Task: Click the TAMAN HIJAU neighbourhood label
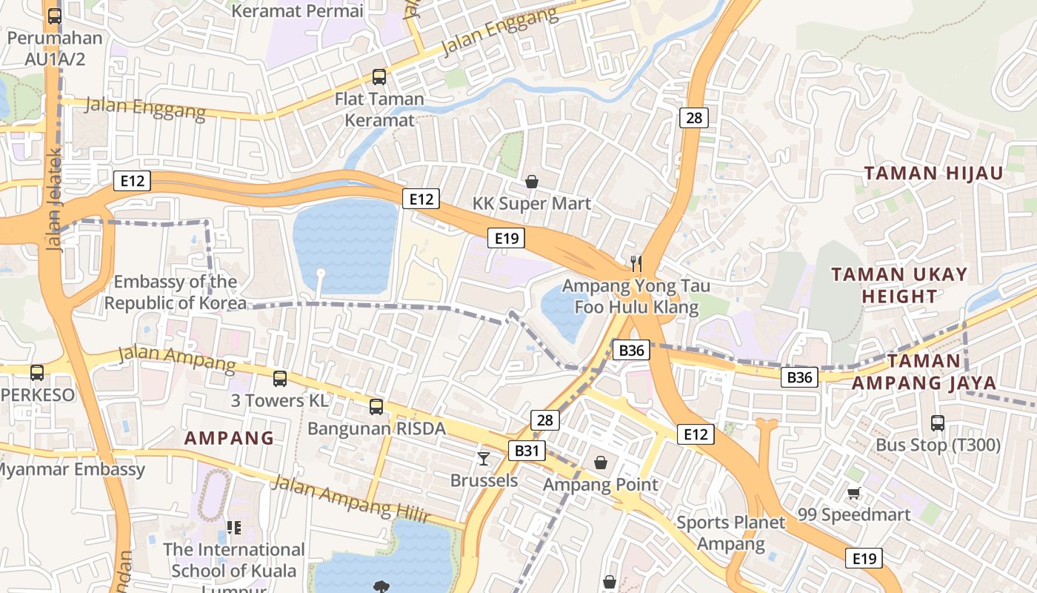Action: tap(933, 173)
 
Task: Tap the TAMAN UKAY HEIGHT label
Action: tap(899, 285)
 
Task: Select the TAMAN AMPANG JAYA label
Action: tap(924, 372)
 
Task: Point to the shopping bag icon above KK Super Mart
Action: tap(531, 181)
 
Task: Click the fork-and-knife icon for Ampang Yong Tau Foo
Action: tap(635, 262)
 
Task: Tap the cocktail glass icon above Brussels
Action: tap(484, 458)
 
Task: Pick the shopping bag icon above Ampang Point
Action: tap(601, 463)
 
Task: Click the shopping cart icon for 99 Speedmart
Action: tap(854, 493)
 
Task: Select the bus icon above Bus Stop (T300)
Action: tap(938, 423)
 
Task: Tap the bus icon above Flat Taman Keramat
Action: tap(379, 76)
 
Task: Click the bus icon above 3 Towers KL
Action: tap(279, 378)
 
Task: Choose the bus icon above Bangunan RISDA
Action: tap(376, 406)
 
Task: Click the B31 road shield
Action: tap(527, 451)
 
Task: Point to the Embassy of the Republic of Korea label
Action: tap(176, 292)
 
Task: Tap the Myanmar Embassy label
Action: tap(70, 469)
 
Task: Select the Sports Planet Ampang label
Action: tap(730, 533)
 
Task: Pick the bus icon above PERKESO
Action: tap(36, 372)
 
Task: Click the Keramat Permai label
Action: tap(297, 11)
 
